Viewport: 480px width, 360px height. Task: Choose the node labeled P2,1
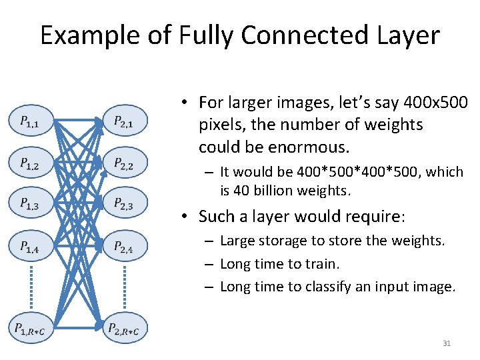125,121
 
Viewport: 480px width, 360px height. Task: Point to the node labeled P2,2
125,163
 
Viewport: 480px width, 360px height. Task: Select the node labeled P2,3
125,204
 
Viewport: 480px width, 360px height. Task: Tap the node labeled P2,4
125,247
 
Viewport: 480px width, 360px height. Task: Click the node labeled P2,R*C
125,329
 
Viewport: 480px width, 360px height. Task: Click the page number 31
447,343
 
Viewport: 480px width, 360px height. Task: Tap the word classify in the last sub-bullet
334,287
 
